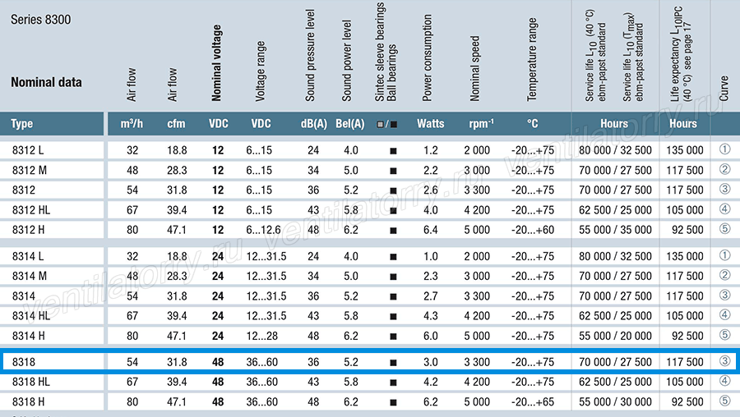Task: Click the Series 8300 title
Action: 40,20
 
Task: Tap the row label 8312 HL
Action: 31,209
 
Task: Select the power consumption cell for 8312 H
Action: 430,230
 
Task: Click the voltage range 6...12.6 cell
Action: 263,230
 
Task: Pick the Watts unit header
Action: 430,123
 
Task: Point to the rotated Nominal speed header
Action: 474,69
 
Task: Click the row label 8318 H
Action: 28,402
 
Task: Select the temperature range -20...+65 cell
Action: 533,402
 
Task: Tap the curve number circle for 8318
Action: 725,361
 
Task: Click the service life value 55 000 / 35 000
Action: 615,230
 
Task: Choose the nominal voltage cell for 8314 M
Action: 218,276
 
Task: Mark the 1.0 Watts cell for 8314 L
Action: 430,256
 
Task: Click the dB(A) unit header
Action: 314,123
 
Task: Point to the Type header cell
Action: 21,123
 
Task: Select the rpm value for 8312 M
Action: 477,170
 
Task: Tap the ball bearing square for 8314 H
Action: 393,337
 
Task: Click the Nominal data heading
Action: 46,82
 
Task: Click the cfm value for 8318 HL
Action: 177,382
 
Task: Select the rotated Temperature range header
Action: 532,59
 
